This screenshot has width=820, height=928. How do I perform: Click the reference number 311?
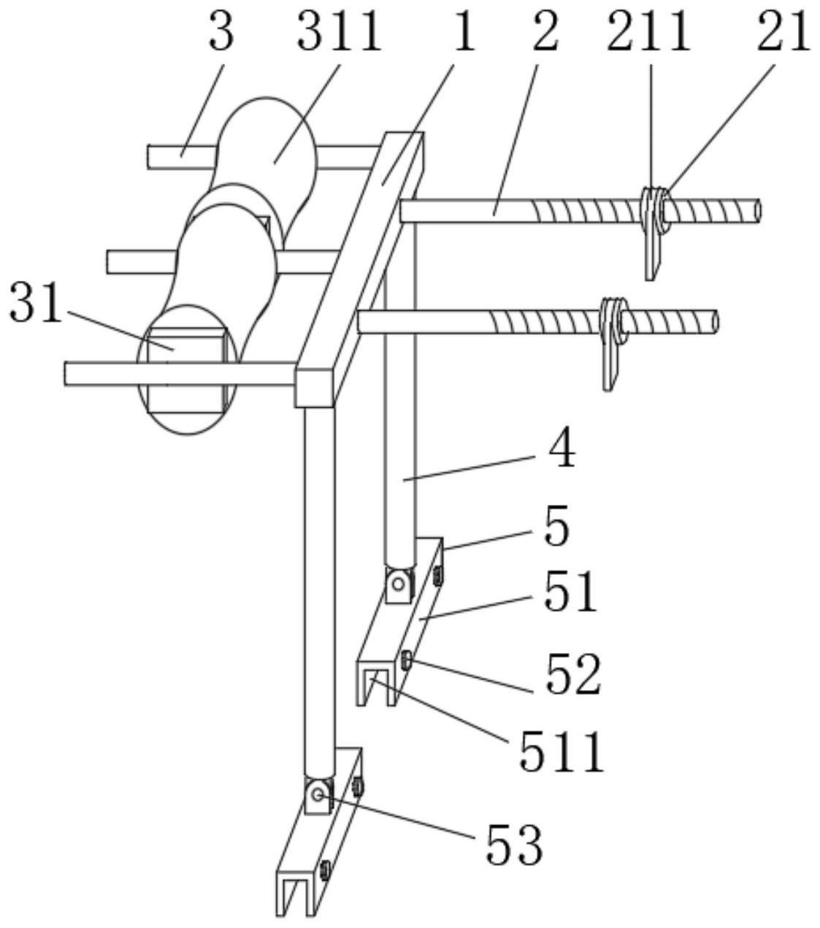click(340, 31)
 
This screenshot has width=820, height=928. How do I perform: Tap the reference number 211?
click(649, 31)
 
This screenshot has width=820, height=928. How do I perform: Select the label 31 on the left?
click(35, 302)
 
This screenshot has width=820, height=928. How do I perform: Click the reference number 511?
click(562, 752)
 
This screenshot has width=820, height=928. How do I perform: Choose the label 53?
click(514, 844)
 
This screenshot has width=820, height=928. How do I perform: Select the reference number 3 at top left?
click(221, 31)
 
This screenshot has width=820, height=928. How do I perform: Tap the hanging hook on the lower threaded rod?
click(613, 344)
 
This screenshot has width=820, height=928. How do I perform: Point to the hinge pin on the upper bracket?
click(398, 584)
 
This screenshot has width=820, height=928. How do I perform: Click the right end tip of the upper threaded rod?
click(759, 211)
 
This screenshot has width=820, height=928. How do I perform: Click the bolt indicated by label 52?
click(406, 660)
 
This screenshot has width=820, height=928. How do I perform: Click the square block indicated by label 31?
click(187, 369)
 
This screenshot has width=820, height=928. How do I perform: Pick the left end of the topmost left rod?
click(148, 157)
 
